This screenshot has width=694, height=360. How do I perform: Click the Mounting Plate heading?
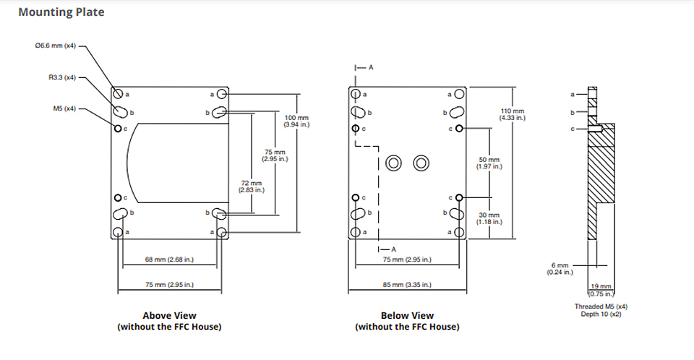[x=61, y=12]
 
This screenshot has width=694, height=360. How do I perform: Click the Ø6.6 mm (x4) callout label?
[x=56, y=46]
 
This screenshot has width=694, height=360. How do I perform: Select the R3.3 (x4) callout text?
[x=62, y=77]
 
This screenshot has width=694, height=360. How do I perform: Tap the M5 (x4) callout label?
[x=64, y=108]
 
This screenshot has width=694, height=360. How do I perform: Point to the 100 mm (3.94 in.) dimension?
[x=296, y=121]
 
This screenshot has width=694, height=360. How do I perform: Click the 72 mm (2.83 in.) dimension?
[x=252, y=187]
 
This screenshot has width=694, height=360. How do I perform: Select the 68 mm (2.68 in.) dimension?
[x=169, y=260]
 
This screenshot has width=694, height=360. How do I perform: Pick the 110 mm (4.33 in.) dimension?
[x=513, y=114]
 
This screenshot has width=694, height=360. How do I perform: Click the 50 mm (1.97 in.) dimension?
[x=489, y=163]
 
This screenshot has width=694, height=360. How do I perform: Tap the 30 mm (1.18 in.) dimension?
[x=489, y=218]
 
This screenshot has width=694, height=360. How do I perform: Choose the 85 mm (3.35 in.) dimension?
[x=407, y=285]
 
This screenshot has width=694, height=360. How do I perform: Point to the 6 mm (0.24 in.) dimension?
[x=560, y=269]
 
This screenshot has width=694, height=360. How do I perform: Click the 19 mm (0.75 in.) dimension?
[x=601, y=290]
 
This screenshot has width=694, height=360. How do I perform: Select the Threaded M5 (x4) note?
[x=601, y=307]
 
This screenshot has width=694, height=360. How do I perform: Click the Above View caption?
[x=169, y=316]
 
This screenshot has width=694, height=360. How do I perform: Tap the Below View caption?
[x=407, y=316]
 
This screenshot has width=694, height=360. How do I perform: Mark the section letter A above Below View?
[x=371, y=67]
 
